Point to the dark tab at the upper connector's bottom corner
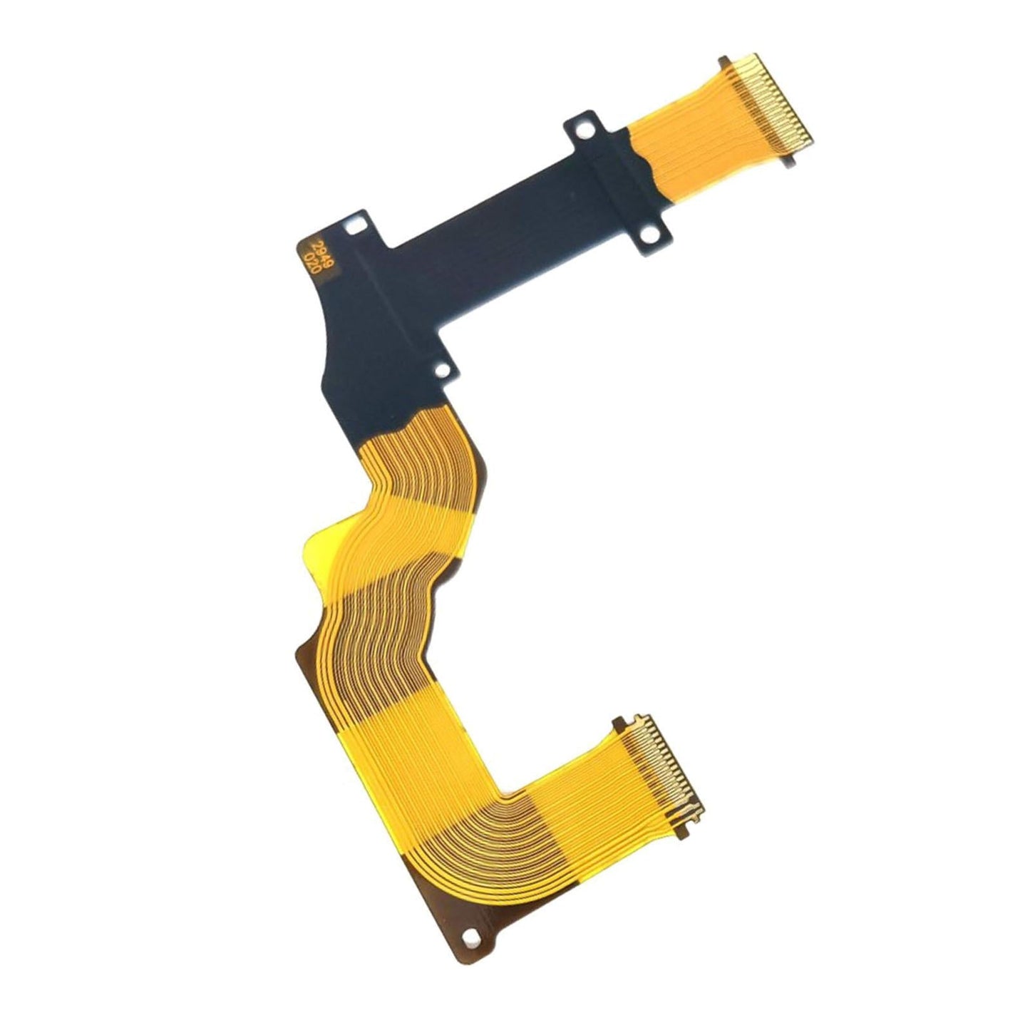[789, 162]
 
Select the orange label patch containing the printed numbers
[312, 253]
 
